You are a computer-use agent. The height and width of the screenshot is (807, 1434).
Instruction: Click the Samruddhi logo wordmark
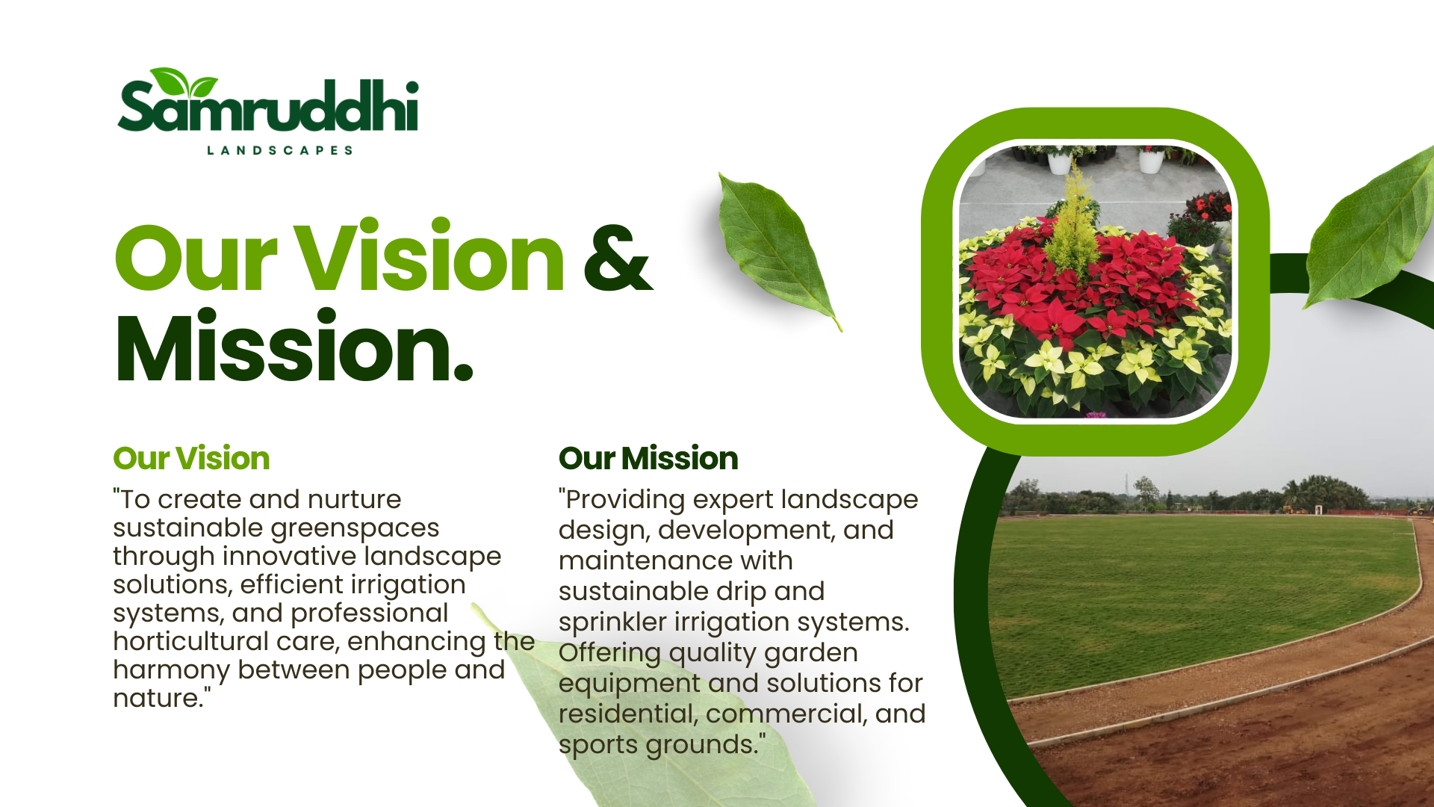tap(268, 105)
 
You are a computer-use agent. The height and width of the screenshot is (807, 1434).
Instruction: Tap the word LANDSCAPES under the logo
tap(279, 150)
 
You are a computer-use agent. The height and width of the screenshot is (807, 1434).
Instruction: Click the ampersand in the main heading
tap(617, 259)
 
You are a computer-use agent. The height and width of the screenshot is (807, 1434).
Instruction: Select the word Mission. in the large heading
tap(294, 348)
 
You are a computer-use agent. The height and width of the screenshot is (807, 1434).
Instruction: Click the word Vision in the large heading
tap(429, 256)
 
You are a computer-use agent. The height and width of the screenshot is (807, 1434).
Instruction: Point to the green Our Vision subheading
tap(191, 458)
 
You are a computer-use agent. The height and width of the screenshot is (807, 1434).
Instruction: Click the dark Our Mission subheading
tap(648, 458)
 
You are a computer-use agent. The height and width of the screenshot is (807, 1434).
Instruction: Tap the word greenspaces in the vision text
tap(355, 529)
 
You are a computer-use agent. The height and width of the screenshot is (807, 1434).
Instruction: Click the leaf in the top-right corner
tap(1371, 228)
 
